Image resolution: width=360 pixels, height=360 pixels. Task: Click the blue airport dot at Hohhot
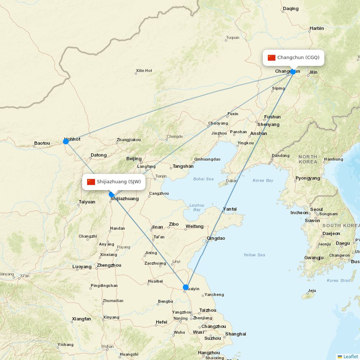66,141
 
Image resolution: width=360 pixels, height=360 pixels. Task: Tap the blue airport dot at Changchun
293,72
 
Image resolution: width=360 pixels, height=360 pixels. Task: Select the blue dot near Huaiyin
186,287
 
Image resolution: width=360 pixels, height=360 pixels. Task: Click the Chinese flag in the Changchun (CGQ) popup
271,58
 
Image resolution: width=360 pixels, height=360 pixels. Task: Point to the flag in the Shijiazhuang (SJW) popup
91,182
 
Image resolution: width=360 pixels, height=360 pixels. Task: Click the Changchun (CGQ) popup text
298,58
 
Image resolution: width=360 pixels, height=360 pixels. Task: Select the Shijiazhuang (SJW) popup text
118,182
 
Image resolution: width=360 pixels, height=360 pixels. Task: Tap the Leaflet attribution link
350,356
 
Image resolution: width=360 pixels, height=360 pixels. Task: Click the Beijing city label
134,159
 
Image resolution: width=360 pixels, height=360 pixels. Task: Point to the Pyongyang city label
308,178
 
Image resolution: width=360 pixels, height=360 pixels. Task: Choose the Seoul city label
316,210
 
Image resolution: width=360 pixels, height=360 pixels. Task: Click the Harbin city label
317,28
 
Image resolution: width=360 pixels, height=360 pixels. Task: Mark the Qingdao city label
216,238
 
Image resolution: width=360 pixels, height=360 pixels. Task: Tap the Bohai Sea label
203,179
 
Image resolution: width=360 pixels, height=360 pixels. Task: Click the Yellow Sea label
254,255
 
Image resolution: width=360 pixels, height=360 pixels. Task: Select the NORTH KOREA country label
308,159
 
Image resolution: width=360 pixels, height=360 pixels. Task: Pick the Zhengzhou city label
109,265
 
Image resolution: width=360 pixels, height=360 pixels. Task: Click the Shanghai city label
236,334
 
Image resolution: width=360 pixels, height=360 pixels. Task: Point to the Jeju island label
312,291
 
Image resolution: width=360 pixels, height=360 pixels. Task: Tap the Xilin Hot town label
144,71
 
